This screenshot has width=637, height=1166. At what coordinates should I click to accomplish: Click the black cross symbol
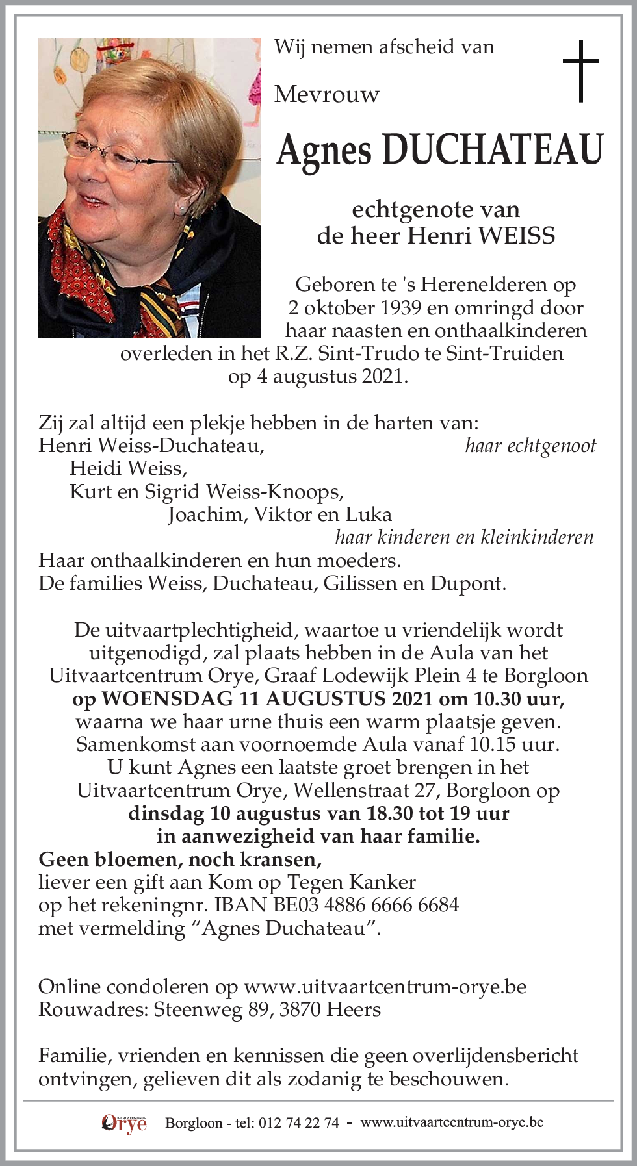point(580,71)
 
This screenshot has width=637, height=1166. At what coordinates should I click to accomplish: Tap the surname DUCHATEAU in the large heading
point(492,150)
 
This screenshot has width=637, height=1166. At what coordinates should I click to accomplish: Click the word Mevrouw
point(326,95)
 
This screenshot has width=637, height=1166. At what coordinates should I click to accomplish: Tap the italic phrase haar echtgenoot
point(530,446)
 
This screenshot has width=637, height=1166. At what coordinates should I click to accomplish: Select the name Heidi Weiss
point(128,468)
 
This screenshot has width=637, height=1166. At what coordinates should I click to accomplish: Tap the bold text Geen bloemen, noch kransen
point(180,859)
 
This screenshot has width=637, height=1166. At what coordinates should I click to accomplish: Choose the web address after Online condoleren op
point(385,987)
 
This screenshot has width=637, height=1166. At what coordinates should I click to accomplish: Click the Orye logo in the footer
point(124,1123)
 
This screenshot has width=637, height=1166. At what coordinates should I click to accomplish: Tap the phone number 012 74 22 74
point(298,1123)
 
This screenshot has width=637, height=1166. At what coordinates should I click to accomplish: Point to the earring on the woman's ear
point(182,209)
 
